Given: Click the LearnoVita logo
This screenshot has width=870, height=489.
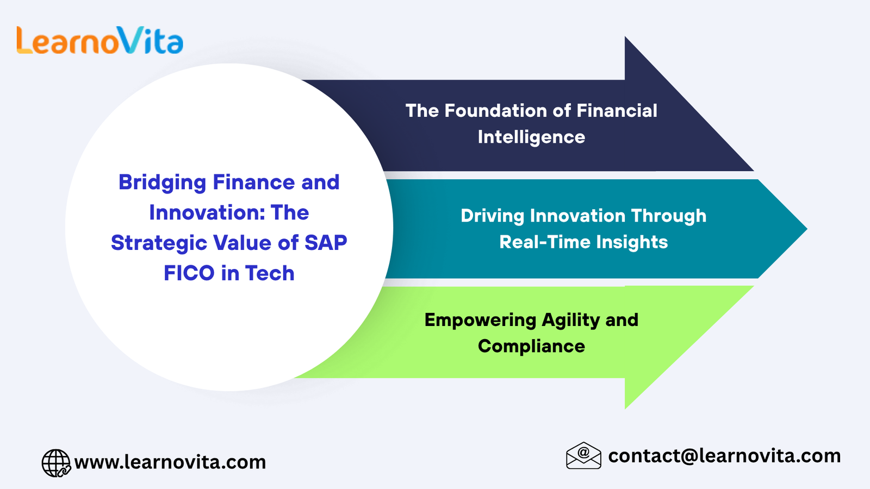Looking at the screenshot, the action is (x=100, y=40).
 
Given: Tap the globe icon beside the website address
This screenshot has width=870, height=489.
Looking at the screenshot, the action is (x=57, y=462).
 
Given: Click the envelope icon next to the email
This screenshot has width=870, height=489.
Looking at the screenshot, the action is (x=583, y=456).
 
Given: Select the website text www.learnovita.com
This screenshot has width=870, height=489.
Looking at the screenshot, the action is (x=170, y=462).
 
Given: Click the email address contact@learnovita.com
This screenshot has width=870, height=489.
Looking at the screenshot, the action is (x=724, y=456).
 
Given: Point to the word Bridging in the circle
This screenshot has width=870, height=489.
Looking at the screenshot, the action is (x=163, y=183).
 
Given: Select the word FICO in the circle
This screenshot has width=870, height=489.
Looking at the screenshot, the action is (x=189, y=273).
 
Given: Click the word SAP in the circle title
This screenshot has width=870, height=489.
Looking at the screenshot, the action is (x=326, y=243).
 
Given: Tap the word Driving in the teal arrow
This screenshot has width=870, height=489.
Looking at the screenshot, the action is (x=492, y=216).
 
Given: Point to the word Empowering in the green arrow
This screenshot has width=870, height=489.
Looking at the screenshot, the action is (x=480, y=321).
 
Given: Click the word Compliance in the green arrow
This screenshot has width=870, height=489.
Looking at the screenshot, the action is (x=531, y=346).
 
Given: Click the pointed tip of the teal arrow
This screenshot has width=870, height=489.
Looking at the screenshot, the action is (x=807, y=229).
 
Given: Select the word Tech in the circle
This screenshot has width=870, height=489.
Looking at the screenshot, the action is (x=270, y=273).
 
